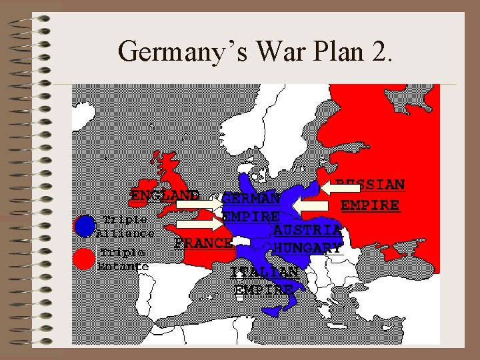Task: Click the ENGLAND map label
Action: (x=165, y=195)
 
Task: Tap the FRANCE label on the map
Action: (x=202, y=242)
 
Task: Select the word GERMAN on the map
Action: (x=251, y=198)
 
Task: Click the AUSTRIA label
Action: (x=307, y=230)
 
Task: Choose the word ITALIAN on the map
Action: (x=264, y=273)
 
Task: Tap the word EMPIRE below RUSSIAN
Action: (x=371, y=205)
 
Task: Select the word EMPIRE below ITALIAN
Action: (x=264, y=289)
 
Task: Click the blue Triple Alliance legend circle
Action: (x=85, y=227)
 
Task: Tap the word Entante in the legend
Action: (x=123, y=267)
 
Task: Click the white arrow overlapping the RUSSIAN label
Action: (x=339, y=189)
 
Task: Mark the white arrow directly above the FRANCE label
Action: (x=199, y=225)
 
